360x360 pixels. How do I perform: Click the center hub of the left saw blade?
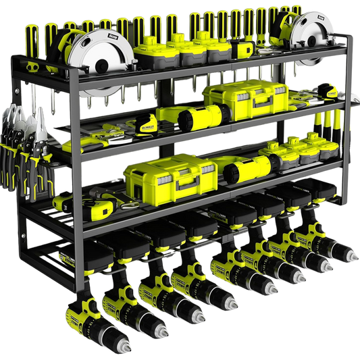tap(100, 66)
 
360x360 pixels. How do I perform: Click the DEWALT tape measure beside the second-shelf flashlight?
tap(148, 122)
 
